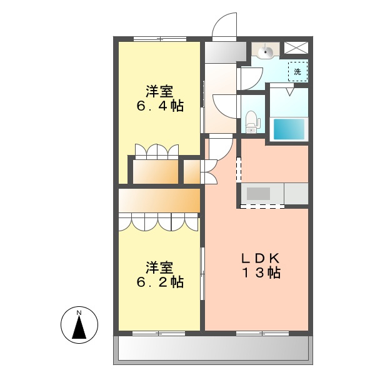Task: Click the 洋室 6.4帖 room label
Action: coord(160,98)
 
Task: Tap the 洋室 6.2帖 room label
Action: coord(160,274)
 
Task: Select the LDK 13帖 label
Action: coord(261,265)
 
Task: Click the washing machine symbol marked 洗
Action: coord(297,71)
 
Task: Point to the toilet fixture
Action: coord(251,122)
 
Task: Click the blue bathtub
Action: coord(289,129)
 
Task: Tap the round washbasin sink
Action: coord(266,51)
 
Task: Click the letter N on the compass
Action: coord(79,312)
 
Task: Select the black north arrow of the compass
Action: coord(79,327)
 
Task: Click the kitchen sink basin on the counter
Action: coord(258,194)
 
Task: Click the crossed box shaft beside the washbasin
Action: coord(296,48)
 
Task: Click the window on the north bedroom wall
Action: coord(160,39)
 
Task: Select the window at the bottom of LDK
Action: coord(262,333)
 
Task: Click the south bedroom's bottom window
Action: coord(159,333)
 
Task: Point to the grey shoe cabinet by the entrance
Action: coord(226,52)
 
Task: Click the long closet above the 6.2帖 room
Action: coord(159,201)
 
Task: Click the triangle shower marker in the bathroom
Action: coord(290,92)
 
